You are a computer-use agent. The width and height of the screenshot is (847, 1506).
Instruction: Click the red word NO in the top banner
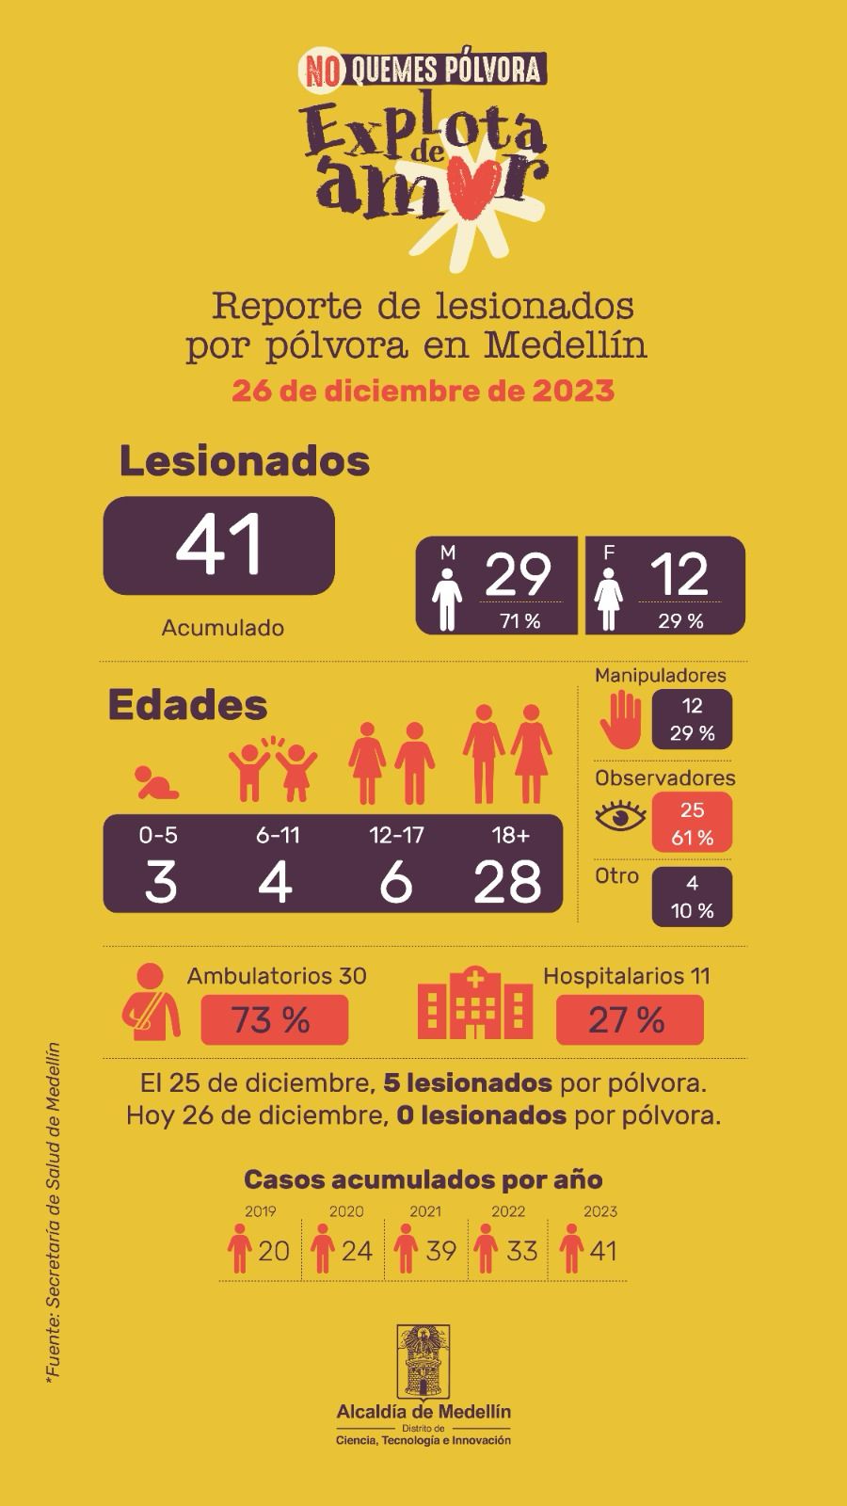[x=322, y=72]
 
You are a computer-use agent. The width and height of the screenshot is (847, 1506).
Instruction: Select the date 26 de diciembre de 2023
[x=423, y=391]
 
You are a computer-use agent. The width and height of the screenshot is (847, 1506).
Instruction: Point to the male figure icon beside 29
[x=447, y=600]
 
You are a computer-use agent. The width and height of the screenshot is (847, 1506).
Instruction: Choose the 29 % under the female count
[x=680, y=621]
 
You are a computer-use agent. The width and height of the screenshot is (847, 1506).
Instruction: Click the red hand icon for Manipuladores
[x=620, y=719]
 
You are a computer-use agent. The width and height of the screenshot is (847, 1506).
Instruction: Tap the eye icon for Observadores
[x=620, y=815]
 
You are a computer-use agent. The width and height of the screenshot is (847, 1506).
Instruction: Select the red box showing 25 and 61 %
[x=692, y=823]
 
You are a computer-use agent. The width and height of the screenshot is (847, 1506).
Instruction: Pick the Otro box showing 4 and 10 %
[x=692, y=897]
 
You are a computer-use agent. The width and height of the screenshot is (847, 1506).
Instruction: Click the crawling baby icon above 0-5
[x=156, y=782]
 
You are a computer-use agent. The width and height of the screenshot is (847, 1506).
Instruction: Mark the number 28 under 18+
[x=507, y=882]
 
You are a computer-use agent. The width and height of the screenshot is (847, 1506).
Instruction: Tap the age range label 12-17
[x=396, y=835]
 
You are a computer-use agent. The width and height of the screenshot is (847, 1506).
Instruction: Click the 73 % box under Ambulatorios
[x=274, y=1020]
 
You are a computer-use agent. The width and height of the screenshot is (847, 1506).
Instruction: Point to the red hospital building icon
[x=475, y=1002]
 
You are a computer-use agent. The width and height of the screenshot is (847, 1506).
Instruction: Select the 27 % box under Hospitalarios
[x=630, y=1020]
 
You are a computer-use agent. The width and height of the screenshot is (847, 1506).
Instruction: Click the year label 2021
[x=425, y=1210]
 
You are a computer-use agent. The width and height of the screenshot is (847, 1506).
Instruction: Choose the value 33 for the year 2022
[x=521, y=1251]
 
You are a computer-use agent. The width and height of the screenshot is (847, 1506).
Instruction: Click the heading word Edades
[x=187, y=705]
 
